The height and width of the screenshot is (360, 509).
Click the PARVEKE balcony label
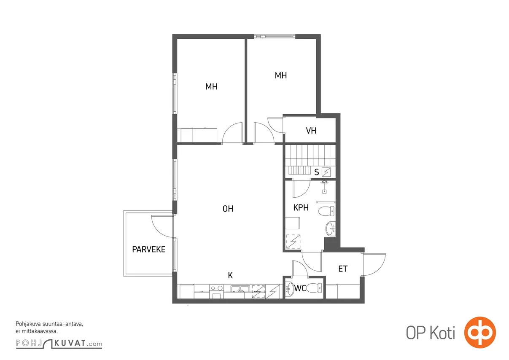coord(148,250)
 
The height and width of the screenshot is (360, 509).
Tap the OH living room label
coord(228,209)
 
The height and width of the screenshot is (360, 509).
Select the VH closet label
coord(311,131)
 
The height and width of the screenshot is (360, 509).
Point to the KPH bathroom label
coord(301,207)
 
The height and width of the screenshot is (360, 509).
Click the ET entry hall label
coord(343,269)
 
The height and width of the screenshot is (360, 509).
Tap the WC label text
coord(300,288)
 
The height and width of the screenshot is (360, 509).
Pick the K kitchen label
coord(230,276)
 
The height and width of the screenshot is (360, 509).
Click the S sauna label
coord(317,172)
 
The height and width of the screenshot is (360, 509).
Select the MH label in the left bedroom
coord(211,86)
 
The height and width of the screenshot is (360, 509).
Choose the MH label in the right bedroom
coord(280,75)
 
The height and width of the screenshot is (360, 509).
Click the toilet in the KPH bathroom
coord(326,211)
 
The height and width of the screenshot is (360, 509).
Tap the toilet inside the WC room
coord(314,288)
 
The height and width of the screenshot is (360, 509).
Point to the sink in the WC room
coord(290,289)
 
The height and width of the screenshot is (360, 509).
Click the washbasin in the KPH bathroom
coord(330,229)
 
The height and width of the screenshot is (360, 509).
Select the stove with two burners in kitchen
coord(217,288)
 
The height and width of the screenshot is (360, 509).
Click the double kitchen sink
coord(240,289)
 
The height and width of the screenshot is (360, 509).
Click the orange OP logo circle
coord(480,333)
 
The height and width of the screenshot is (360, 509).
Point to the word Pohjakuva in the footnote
coord(28,324)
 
